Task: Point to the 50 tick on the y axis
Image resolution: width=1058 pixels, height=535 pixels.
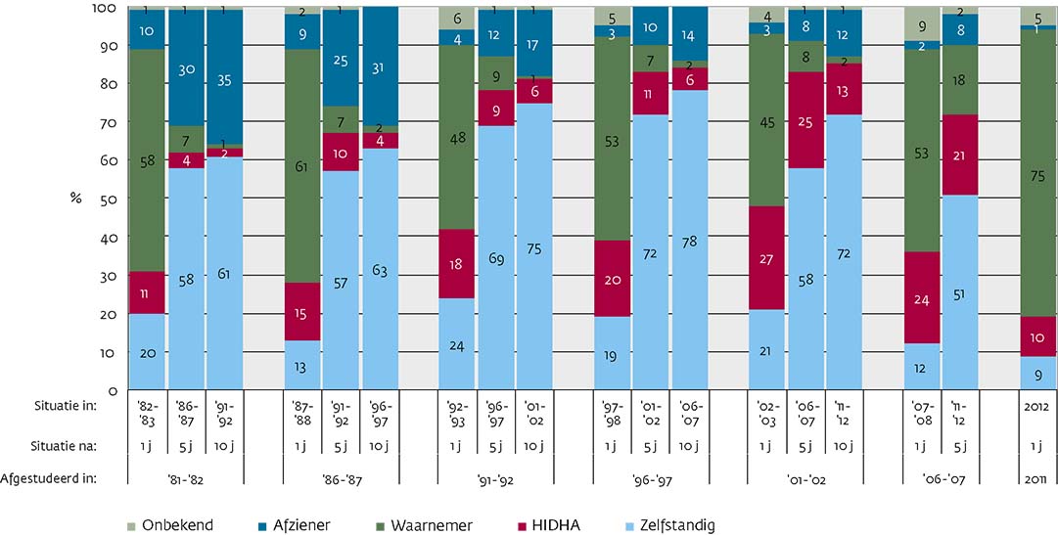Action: coord(110,199)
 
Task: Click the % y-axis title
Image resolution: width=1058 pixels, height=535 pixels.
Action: coord(75,199)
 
